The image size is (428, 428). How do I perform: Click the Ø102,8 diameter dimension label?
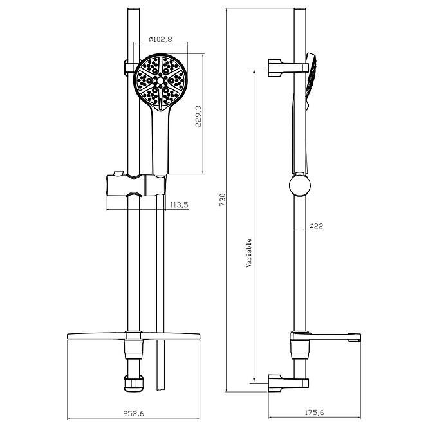point(160,39)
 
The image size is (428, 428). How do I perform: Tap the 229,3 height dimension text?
point(198,116)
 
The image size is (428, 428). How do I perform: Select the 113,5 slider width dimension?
point(179,205)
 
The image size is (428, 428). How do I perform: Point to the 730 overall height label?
point(223,200)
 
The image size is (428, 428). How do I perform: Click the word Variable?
point(248,253)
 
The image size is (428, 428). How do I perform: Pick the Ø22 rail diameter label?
point(316,226)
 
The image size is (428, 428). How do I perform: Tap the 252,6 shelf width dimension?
point(133,414)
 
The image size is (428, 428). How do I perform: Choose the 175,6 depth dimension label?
point(314,413)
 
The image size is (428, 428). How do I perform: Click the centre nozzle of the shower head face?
point(160,80)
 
